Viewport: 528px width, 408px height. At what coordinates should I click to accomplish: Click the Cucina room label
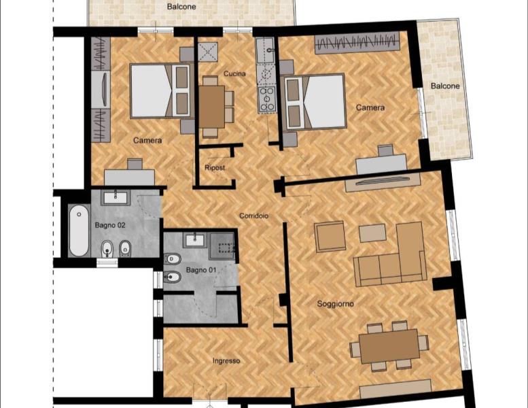(234, 73)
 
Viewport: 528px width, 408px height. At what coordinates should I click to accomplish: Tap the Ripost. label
(215, 168)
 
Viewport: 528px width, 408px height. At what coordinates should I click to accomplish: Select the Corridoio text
(254, 216)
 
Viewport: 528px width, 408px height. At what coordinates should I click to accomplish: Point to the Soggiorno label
(336, 304)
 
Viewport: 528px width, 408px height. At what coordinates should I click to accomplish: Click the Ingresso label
(226, 361)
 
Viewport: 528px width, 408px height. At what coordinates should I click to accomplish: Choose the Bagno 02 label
(110, 225)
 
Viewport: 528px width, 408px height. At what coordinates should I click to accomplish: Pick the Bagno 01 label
(201, 270)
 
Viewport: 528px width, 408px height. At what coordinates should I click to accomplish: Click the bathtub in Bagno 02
(79, 230)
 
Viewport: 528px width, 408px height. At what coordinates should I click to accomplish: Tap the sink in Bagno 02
(116, 197)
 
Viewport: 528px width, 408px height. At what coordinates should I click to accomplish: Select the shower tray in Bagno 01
(222, 245)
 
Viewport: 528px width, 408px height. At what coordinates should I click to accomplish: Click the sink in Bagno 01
(195, 240)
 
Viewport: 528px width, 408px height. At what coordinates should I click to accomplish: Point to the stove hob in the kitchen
(267, 99)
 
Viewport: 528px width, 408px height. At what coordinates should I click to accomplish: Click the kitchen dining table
(211, 107)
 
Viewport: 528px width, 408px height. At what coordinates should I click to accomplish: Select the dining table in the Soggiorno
(389, 345)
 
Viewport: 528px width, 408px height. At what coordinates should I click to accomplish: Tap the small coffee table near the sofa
(372, 233)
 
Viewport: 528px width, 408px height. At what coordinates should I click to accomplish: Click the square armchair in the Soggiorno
(330, 236)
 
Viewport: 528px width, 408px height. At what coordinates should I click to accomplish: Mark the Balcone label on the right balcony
(445, 86)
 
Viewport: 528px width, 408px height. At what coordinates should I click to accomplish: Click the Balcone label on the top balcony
(181, 6)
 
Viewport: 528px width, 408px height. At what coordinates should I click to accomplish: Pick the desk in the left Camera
(129, 177)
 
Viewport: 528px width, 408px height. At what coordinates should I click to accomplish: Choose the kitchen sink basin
(266, 50)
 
